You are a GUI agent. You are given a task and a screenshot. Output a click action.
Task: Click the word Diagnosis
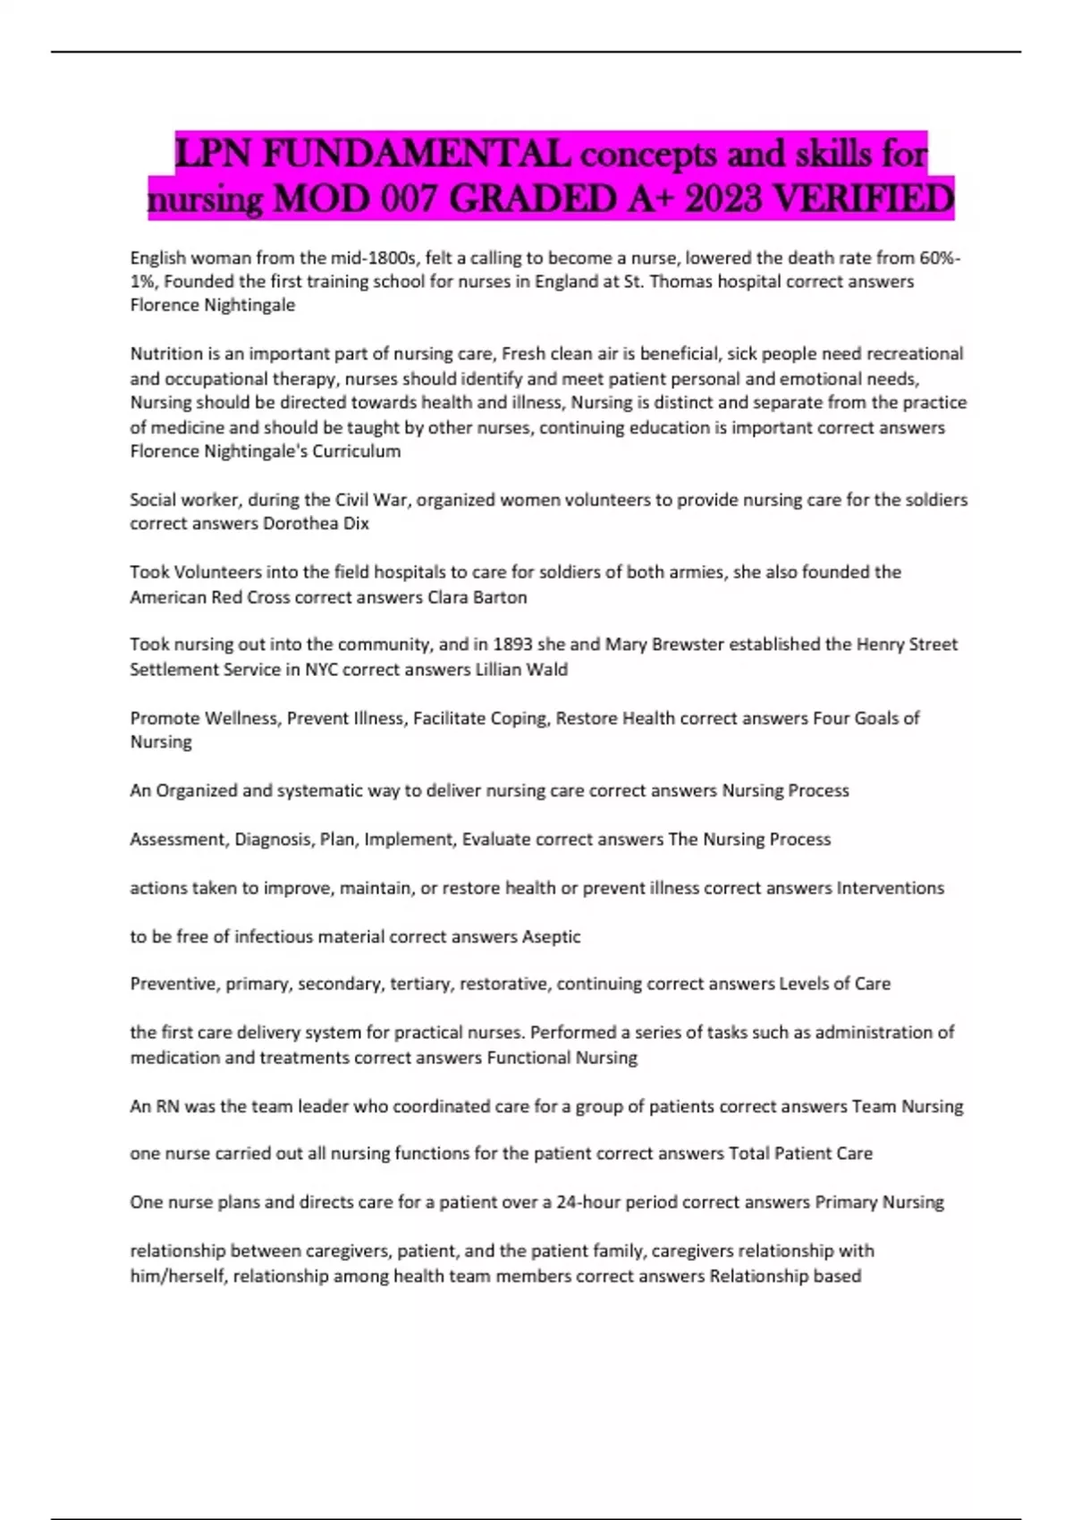tap(274, 840)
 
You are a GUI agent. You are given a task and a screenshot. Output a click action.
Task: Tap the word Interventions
tap(890, 888)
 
